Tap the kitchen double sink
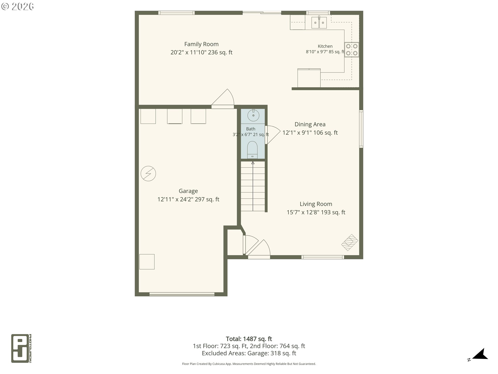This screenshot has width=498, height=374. tap(319, 23)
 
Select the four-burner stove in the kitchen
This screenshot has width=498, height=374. tap(352, 50)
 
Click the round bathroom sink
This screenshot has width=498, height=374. tap(253, 115)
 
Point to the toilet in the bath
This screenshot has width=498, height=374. tap(252, 150)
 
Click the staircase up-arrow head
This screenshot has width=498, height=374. tap(253, 163)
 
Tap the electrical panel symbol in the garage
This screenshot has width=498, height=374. tap(148, 173)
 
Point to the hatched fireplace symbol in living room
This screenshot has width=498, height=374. tap(350, 243)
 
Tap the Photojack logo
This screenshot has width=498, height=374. tap(21, 348)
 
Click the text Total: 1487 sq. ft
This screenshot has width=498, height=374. tap(249, 339)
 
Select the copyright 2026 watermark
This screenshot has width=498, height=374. tap(17, 6)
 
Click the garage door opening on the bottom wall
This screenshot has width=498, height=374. tap(182, 294)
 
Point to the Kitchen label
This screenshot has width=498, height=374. tap(325, 46)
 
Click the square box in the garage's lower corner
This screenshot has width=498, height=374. tap(147, 262)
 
